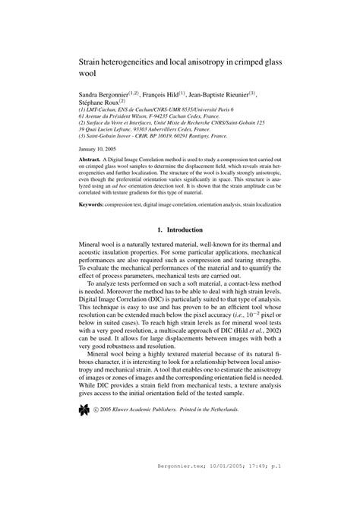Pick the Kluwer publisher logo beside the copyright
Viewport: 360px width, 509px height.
point(84,409)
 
